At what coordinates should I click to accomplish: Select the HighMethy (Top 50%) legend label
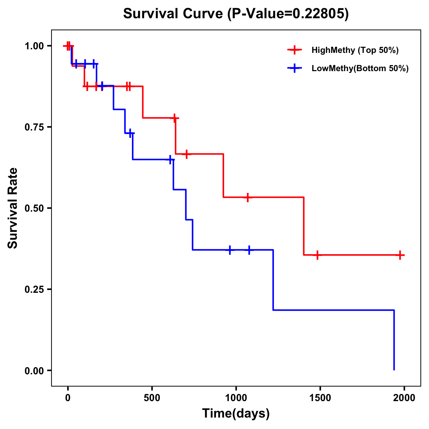point(355,50)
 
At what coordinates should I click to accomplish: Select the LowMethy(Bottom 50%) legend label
point(360,68)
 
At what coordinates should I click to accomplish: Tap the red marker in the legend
point(295,50)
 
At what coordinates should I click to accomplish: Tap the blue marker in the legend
point(295,68)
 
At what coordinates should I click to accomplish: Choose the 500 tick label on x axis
point(152,398)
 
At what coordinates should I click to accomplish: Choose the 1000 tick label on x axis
point(236,398)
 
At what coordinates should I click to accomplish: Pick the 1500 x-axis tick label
point(320,398)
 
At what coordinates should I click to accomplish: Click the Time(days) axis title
point(236,414)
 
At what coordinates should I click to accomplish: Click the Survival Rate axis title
point(13,208)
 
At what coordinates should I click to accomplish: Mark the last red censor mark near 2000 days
point(400,255)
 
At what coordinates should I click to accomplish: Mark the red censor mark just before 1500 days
point(317,255)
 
